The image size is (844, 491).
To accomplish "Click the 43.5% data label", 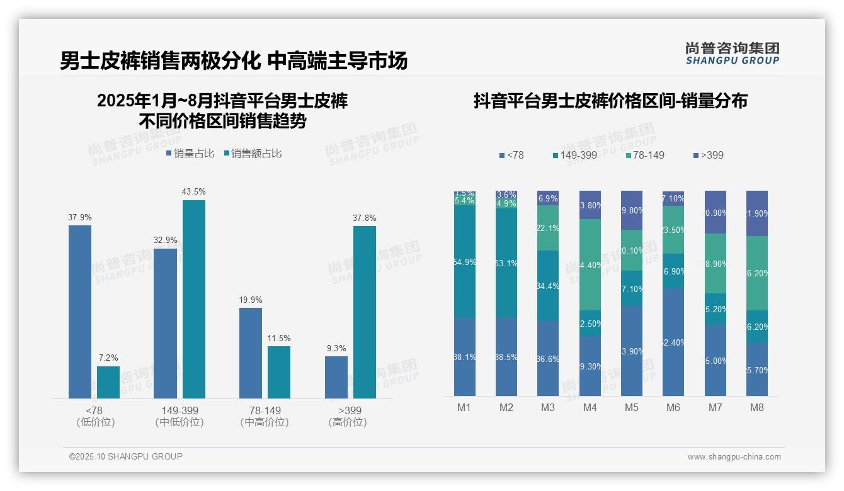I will coord(194,191).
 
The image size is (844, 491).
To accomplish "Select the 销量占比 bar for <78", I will coord(80,312).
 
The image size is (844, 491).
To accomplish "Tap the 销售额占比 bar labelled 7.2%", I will coord(108,382).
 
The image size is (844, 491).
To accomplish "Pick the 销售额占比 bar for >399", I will coord(365,312).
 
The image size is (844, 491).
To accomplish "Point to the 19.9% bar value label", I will coord(251,300).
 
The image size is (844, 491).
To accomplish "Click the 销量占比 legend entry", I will coord(190,153).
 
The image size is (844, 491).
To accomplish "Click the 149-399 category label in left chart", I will coord(180,410).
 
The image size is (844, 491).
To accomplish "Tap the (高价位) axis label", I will coord(347,422).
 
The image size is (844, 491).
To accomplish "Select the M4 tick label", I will coord(590,407).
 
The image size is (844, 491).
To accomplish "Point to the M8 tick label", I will coord(756,407).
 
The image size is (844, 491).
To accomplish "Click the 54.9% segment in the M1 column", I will coord(464,261).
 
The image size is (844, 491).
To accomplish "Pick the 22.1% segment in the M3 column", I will coord(547,228).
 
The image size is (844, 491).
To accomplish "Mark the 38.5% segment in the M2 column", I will coord(506,356).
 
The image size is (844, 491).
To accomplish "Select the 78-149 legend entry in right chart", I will coord(646,155).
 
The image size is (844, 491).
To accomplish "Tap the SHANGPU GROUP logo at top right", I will coord(732,53).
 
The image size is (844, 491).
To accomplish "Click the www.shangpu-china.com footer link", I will coord(734,457).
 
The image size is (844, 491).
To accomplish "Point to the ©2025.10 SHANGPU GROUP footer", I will coord(126,456).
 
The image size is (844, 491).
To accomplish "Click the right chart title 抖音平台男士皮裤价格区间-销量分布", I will coord(610,101).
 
